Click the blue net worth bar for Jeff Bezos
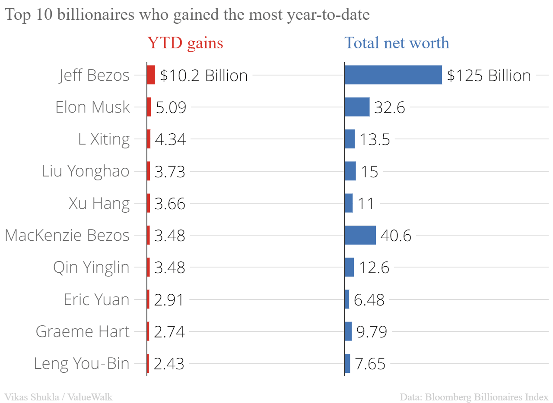(x=393, y=75)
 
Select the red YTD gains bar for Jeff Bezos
(x=151, y=75)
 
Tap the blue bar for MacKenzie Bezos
(x=360, y=235)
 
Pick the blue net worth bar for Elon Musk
(x=357, y=107)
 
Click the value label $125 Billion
(x=489, y=76)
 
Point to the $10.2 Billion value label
(x=203, y=76)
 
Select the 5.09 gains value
(x=171, y=107)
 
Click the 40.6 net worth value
(x=396, y=236)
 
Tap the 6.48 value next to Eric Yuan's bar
(x=369, y=300)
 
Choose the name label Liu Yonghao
(x=86, y=171)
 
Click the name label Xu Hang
(x=99, y=203)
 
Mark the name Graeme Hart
(x=83, y=331)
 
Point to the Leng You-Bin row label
(x=82, y=363)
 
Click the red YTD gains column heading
(x=185, y=43)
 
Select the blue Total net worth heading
(x=397, y=43)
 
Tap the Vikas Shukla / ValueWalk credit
(x=58, y=397)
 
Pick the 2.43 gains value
(x=169, y=364)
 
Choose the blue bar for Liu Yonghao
(x=350, y=171)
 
